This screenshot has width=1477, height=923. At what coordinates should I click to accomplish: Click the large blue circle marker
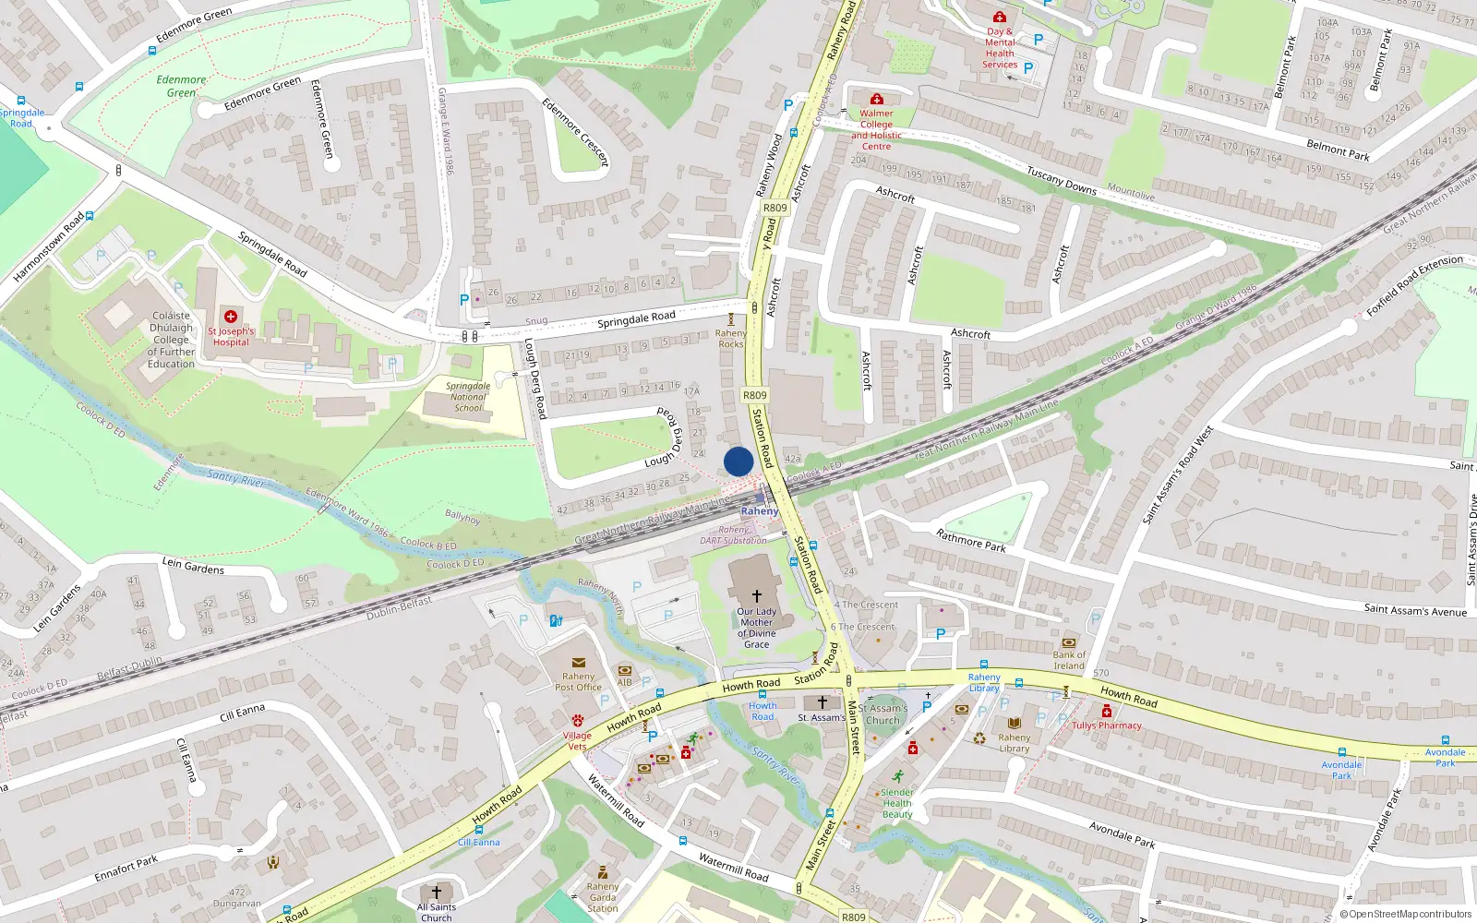(738, 461)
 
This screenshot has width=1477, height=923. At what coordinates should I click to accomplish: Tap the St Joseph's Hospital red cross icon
(231, 317)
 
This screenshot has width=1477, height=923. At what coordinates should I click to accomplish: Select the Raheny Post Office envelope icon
(579, 663)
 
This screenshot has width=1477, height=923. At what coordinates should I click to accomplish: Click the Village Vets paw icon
(578, 720)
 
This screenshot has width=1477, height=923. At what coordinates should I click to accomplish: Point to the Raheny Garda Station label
(603, 897)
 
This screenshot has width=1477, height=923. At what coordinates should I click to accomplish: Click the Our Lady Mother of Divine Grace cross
(757, 596)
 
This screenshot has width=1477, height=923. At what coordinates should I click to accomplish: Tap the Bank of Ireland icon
(1069, 642)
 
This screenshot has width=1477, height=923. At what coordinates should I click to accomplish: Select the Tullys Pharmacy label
(1107, 725)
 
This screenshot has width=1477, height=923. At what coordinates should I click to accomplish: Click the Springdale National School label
(468, 397)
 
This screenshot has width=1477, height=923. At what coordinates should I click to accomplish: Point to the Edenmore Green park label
(181, 86)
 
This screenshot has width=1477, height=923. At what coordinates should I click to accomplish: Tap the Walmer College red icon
(876, 99)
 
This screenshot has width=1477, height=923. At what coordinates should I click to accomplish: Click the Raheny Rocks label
(731, 339)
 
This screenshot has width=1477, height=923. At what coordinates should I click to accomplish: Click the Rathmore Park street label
(971, 540)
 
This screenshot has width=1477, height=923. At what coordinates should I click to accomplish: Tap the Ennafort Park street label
(126, 869)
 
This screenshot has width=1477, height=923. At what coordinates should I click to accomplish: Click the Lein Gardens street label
(193, 566)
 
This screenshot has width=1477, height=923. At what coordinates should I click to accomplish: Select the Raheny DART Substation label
(733, 535)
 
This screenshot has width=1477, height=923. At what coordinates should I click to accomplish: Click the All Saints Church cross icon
(437, 893)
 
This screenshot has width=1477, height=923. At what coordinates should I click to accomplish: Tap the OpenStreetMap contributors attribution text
(1405, 915)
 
